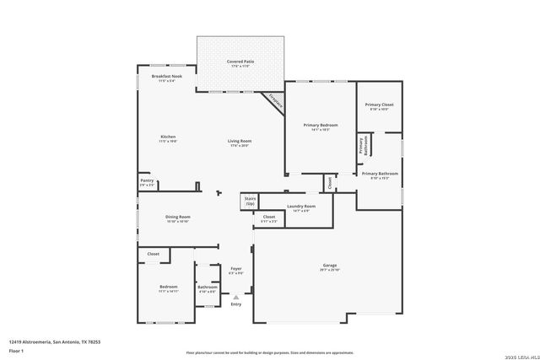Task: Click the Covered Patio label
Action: click(240, 62)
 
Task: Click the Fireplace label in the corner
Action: click(274, 101)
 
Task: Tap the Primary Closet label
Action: click(379, 105)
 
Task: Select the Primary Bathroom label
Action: click(380, 175)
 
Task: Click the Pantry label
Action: click(147, 180)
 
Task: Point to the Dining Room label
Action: click(177, 218)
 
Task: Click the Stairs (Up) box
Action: click(250, 201)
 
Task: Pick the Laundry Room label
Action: click(301, 207)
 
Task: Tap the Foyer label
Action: click(236, 270)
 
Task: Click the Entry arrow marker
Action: click(236, 297)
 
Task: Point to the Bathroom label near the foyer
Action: click(208, 287)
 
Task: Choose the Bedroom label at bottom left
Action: click(169, 287)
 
